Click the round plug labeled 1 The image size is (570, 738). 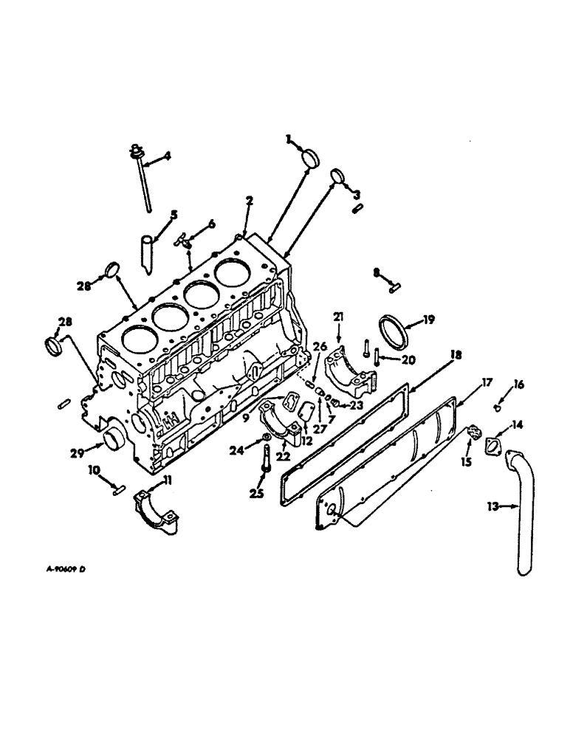pos(309,159)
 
